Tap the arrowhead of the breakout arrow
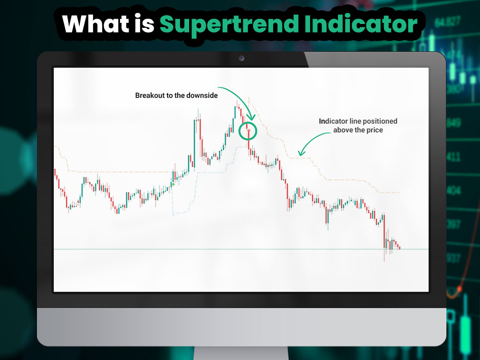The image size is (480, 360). pyautogui.click(x=250, y=118)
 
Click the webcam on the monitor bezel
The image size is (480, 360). pyautogui.click(x=241, y=59)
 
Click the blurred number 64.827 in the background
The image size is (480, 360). pyautogui.click(x=447, y=22)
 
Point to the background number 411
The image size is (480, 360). pyautogui.click(x=453, y=157)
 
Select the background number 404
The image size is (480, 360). pyautogui.click(x=453, y=191)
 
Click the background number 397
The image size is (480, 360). pyautogui.click(x=453, y=224)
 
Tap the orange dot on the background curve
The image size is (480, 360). pyautogui.click(x=459, y=289)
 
